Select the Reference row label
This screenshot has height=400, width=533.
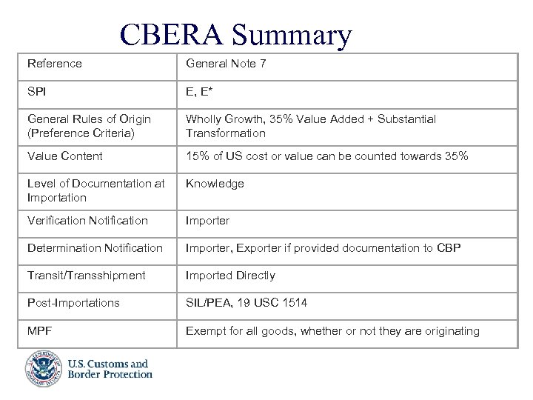tap(54, 64)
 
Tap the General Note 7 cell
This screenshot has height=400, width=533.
tap(226, 64)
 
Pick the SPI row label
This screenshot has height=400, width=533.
tap(37, 92)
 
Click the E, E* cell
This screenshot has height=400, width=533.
tap(202, 92)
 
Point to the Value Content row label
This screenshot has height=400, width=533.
tap(65, 156)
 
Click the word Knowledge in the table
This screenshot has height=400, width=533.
tap(215, 184)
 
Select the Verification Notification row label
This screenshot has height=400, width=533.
tap(87, 220)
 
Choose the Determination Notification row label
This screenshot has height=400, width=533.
tap(95, 247)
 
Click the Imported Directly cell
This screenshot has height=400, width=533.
tap(230, 276)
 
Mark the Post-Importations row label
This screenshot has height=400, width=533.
tap(73, 303)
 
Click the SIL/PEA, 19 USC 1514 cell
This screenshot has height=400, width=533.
tap(246, 303)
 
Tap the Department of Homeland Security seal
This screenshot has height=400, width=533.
tap(42, 368)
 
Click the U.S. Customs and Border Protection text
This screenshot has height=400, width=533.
tap(109, 369)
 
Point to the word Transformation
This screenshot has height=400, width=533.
tap(225, 133)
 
